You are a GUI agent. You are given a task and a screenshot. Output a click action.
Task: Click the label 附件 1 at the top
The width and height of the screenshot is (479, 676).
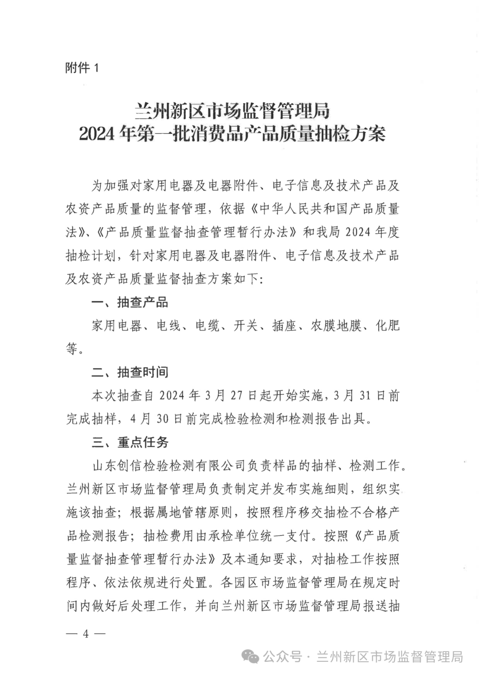pos(82,68)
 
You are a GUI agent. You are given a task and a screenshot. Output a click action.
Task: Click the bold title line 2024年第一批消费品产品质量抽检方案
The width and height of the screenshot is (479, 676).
pos(232,134)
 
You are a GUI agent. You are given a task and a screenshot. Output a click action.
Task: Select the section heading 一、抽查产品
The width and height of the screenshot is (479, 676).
pos(130,303)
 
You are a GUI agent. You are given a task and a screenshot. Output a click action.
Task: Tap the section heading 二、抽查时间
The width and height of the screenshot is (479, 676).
pos(130,372)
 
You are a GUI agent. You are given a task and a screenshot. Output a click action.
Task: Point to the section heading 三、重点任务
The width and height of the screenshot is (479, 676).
pos(130,442)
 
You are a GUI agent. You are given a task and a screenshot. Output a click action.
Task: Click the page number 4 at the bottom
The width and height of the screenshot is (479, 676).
pos(86,634)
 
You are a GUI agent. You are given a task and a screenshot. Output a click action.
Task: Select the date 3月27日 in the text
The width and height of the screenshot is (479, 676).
pos(231,396)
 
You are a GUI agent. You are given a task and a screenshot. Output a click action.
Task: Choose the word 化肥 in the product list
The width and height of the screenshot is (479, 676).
pos(388,326)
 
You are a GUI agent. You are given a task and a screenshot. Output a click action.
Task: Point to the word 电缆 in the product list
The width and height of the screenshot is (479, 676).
pos(207,326)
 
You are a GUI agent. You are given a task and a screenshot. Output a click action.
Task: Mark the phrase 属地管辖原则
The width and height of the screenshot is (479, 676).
pos(194,513)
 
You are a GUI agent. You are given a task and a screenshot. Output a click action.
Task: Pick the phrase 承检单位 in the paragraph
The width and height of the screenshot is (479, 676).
pos(234,536)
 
